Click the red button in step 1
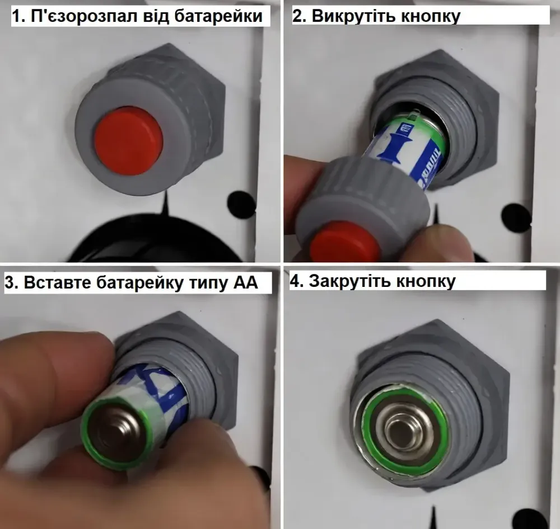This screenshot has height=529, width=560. tap(128, 140)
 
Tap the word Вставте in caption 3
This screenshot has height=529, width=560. tap(59, 282)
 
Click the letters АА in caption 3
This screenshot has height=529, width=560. tap(245, 282)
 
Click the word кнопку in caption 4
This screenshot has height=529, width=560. tap(426, 281)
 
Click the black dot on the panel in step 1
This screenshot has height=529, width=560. tap(241, 205)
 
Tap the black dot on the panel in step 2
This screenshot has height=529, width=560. tap(516, 216)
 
